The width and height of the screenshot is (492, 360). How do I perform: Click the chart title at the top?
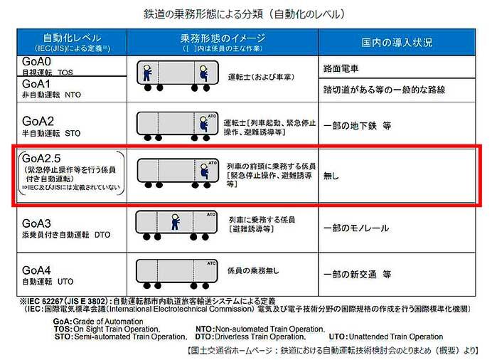(x=246, y=14)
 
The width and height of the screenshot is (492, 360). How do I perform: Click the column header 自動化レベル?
(x=72, y=37)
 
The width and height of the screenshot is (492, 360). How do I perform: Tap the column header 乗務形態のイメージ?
(x=223, y=37)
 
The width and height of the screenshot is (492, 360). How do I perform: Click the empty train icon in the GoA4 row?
(x=176, y=272)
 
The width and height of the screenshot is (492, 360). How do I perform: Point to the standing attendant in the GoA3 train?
(x=175, y=223)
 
